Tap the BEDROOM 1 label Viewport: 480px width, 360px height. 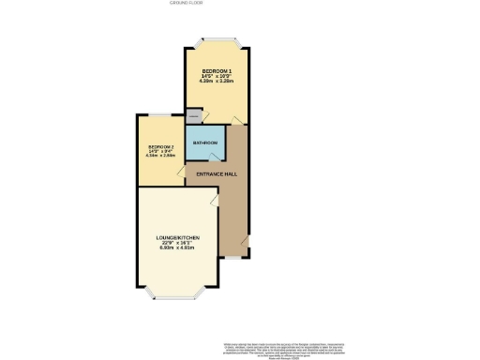click(217, 72)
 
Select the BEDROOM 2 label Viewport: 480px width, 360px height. click(161, 148)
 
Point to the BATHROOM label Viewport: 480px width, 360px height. click(205, 142)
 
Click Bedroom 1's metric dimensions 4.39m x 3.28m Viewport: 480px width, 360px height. click(217, 83)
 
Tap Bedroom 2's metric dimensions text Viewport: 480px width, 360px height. click(161, 159)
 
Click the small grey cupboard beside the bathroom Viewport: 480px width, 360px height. click(193, 116)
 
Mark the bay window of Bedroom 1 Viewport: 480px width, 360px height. click(217, 40)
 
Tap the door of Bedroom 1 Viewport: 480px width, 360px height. click(236, 118)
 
